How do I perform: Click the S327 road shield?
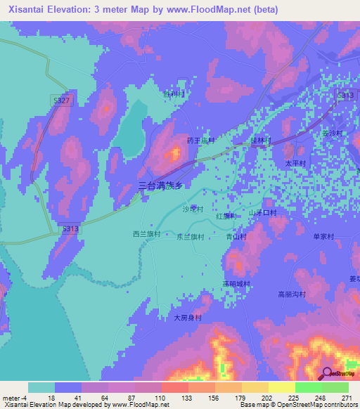click(62, 101)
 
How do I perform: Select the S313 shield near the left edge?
click(70, 229)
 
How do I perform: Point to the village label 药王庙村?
click(200, 141)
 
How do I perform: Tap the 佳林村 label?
click(261, 140)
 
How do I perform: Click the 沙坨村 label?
click(193, 209)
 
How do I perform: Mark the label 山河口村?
click(263, 212)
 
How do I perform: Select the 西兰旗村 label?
click(147, 234)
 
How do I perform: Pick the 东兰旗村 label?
click(189, 237)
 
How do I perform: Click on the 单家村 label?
click(326, 236)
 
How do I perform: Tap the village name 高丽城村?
click(236, 284)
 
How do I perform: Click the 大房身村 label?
click(188, 318)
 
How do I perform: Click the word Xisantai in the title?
click(32, 10)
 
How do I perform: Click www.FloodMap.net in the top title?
click(209, 10)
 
